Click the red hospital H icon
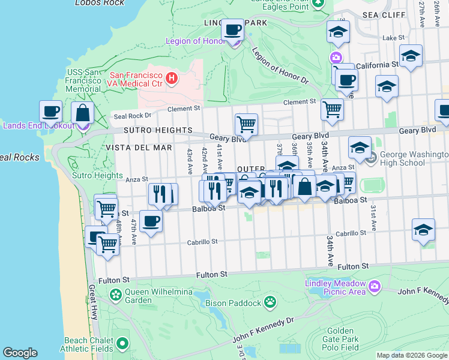[172, 78]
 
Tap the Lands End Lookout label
[38, 125]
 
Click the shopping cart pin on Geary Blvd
[246, 125]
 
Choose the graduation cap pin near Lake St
[338, 32]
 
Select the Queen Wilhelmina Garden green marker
[115, 295]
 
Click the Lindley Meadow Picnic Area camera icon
[375, 286]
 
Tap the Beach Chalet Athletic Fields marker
[123, 344]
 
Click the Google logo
[20, 353]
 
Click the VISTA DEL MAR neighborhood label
[139, 147]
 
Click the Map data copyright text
[412, 355]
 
